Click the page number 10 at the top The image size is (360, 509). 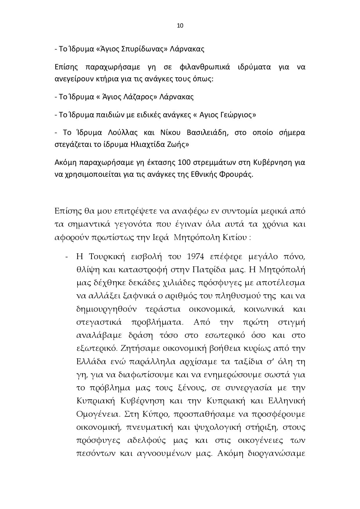[180, 26]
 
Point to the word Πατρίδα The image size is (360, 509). [209, 270]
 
